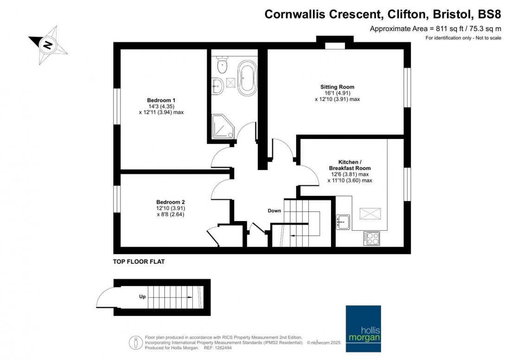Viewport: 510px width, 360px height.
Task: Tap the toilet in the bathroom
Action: [x=222, y=65]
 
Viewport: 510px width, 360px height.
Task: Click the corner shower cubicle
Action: [x=223, y=126]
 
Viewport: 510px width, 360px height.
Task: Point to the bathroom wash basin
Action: [x=217, y=85]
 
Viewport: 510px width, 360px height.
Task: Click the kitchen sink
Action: [x=343, y=221]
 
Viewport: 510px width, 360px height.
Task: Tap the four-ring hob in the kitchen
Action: [x=372, y=238]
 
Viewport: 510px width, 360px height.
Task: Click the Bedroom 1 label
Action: [x=161, y=100]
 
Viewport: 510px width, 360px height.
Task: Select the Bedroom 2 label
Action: [x=170, y=202]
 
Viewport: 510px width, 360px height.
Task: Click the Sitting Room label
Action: [x=337, y=87]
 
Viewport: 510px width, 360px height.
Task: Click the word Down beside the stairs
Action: [x=274, y=211]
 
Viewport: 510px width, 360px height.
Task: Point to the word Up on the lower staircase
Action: [x=143, y=296]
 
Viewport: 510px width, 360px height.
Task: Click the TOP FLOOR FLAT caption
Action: [x=139, y=262]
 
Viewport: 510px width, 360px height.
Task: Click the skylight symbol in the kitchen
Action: [x=370, y=215]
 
